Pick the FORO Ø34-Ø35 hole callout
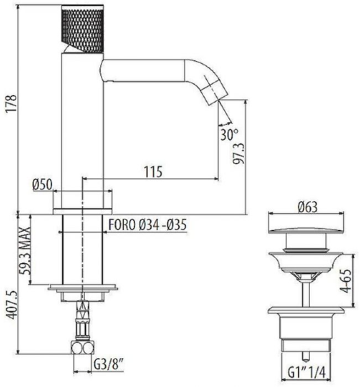coord(147,226)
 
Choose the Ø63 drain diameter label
coord(306,208)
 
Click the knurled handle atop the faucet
coord(82,31)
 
